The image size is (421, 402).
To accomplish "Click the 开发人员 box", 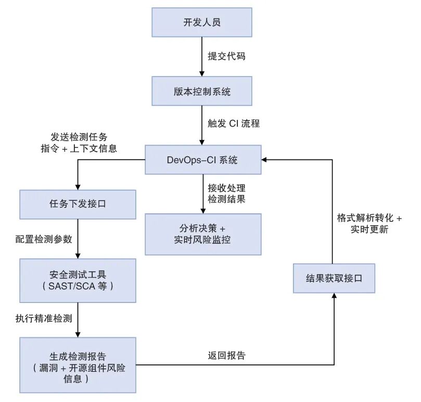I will (x=202, y=22).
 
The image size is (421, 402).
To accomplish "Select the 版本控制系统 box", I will (x=202, y=91).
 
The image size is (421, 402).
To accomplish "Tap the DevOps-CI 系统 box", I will (x=202, y=160).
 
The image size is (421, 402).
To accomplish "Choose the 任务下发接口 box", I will (x=78, y=204).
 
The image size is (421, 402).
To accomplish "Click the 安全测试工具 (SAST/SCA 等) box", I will (x=78, y=281).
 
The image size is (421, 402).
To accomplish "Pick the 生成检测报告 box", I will (x=78, y=364).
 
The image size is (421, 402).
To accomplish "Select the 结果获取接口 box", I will (x=334, y=278).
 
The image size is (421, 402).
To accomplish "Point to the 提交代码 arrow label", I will (x=226, y=56).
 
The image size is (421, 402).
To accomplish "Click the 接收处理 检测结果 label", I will (x=226, y=193).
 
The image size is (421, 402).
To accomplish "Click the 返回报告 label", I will (x=226, y=356).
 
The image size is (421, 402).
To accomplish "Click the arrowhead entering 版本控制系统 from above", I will (x=202, y=73).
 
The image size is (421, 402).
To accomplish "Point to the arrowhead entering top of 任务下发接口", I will (x=78, y=187).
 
